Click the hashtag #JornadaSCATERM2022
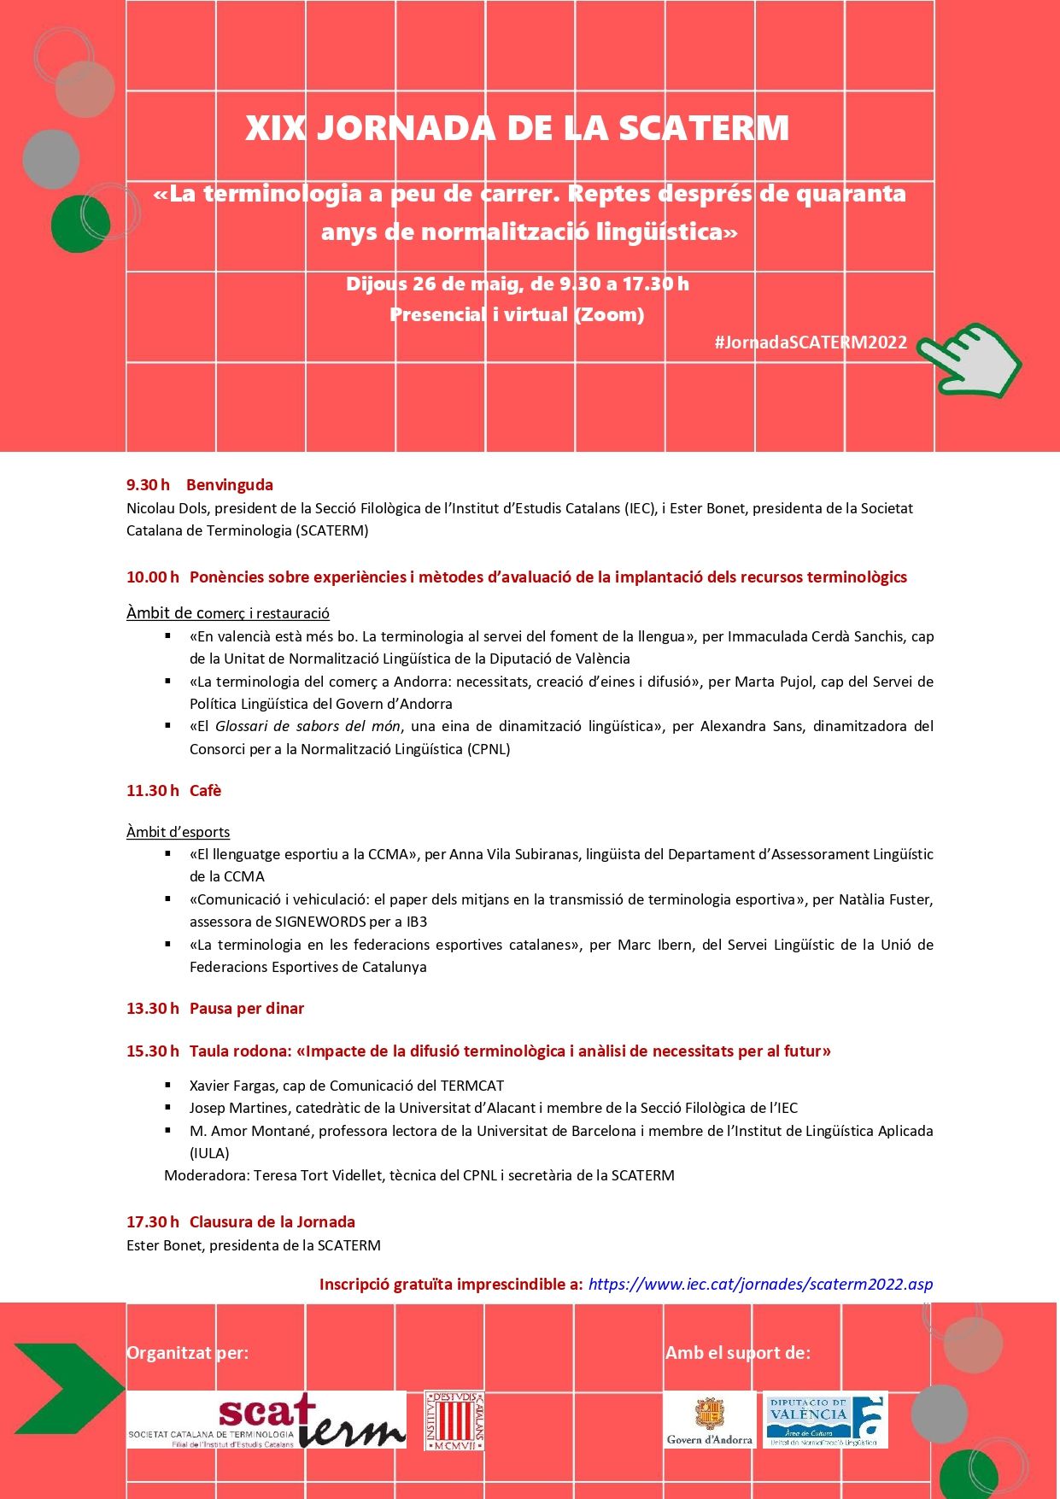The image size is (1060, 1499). click(x=811, y=343)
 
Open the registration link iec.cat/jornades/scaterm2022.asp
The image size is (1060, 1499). click(x=760, y=1284)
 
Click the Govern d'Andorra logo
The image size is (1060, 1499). click(x=709, y=1420)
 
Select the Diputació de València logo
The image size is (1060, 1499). click(x=824, y=1420)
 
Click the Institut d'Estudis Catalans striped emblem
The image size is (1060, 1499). click(x=454, y=1420)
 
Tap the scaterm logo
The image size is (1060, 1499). click(x=266, y=1420)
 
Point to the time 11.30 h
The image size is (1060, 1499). click(x=152, y=791)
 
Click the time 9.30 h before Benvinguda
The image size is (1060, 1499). click(x=148, y=485)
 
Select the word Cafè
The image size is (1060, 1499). click(x=205, y=791)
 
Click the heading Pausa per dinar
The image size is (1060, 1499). click(x=246, y=1009)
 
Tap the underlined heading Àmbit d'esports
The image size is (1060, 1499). click(x=178, y=832)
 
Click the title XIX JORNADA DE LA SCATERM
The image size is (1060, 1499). click(x=517, y=128)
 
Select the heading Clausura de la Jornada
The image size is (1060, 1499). click(x=272, y=1222)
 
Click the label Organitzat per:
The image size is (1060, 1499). click(x=187, y=1353)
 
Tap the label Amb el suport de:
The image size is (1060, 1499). click(x=737, y=1353)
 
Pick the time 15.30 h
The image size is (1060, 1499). click(x=152, y=1051)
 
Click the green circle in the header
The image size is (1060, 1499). click(x=79, y=224)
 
